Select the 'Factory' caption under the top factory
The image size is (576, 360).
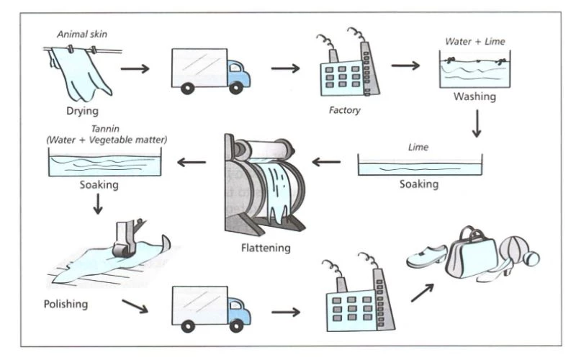click(344, 111)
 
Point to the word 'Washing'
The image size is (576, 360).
click(474, 96)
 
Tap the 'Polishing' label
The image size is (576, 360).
click(65, 304)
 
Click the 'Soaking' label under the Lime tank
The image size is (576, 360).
click(419, 184)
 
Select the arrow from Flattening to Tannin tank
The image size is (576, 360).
click(191, 161)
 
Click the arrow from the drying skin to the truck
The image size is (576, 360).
click(135, 69)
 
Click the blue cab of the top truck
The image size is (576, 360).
click(237, 73)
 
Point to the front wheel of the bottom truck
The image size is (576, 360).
click(235, 325)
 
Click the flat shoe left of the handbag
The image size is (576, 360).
click(426, 256)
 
